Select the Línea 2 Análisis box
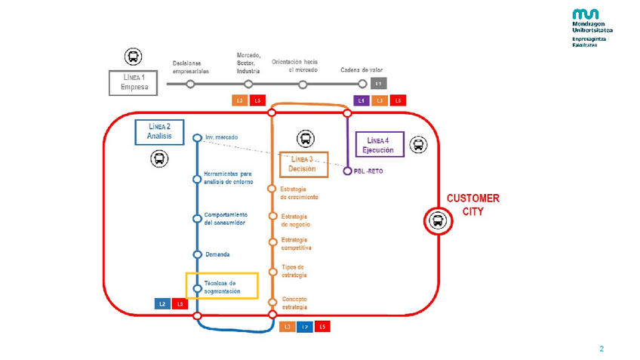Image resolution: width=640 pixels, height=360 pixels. (x=159, y=132)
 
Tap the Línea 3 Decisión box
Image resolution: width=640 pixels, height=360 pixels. (x=304, y=165)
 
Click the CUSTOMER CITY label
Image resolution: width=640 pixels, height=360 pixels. (x=473, y=205)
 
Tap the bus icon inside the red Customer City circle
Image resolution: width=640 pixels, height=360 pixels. (x=437, y=221)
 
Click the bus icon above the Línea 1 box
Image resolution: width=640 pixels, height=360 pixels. (x=133, y=57)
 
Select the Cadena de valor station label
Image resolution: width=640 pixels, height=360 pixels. (x=362, y=69)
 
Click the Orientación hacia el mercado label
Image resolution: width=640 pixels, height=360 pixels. (x=295, y=65)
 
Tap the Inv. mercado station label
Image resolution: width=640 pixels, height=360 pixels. (x=221, y=137)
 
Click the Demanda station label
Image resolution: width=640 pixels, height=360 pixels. (x=217, y=254)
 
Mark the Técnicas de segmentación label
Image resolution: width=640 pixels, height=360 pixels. (x=223, y=287)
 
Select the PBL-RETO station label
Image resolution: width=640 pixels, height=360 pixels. (x=369, y=171)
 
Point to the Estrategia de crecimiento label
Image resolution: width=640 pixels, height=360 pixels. (x=299, y=192)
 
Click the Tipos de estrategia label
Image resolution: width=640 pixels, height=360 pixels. (x=293, y=271)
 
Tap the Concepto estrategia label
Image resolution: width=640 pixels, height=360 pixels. (x=294, y=303)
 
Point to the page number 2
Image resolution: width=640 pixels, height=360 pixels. (x=602, y=349)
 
